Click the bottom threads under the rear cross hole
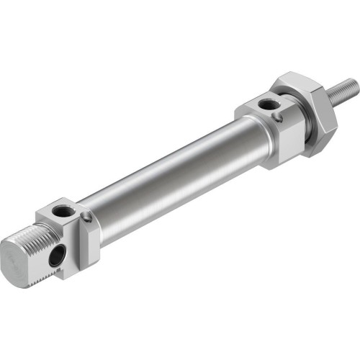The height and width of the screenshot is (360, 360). (x=50, y=272)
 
